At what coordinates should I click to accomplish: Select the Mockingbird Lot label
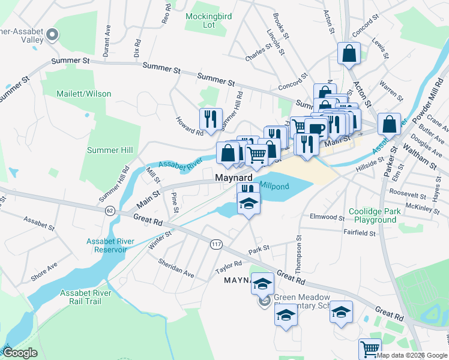tap(209, 20)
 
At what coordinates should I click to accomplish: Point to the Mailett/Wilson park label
tap(85, 94)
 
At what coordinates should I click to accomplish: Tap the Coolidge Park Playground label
tap(372, 216)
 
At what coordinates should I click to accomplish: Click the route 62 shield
tap(109, 211)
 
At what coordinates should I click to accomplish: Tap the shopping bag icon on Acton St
tap(348, 53)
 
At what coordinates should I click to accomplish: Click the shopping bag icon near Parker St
tap(389, 124)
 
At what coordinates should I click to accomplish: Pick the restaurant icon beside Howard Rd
tap(211, 118)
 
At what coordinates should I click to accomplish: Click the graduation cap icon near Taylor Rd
tap(262, 283)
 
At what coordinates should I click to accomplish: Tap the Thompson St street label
tap(298, 246)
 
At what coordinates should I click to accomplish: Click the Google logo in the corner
tap(20, 353)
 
